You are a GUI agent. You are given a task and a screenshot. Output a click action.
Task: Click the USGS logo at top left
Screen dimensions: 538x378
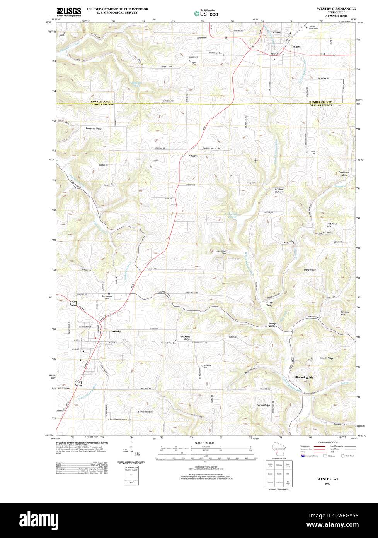pos(69,12)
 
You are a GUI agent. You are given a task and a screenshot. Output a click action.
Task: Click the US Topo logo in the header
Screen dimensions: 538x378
pos(206,13)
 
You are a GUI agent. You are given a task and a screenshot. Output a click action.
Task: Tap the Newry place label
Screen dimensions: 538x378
pos(192,156)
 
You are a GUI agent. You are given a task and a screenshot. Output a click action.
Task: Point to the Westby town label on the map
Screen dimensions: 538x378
pos(116,332)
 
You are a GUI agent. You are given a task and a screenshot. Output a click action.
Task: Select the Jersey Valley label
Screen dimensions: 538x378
pos(274,325)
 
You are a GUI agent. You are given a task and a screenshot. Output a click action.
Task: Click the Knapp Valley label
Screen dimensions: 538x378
pos(269,304)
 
